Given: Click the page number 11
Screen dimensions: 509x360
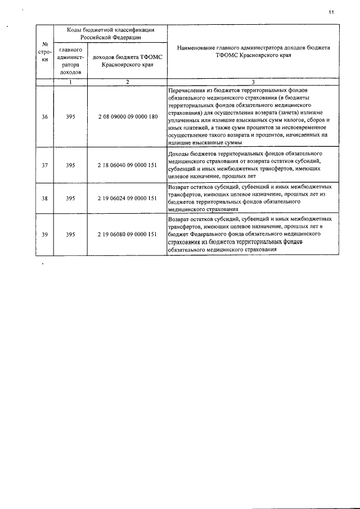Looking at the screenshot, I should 332,12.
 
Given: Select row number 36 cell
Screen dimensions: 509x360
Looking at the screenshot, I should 45,117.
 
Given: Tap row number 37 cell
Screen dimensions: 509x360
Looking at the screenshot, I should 45,165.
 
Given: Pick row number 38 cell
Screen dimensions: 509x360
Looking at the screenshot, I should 45,198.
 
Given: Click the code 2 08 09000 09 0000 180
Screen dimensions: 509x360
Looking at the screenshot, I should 127,117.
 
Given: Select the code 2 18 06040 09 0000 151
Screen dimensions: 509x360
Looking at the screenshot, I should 127,165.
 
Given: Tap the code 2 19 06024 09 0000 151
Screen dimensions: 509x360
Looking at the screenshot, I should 127,198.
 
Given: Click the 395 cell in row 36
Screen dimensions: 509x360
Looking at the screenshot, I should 70,117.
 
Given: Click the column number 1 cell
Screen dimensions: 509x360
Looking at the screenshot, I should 70,82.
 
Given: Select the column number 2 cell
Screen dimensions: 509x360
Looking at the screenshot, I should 127,82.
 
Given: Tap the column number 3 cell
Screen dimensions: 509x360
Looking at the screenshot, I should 253,82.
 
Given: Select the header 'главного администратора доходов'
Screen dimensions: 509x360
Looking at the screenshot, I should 70,61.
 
